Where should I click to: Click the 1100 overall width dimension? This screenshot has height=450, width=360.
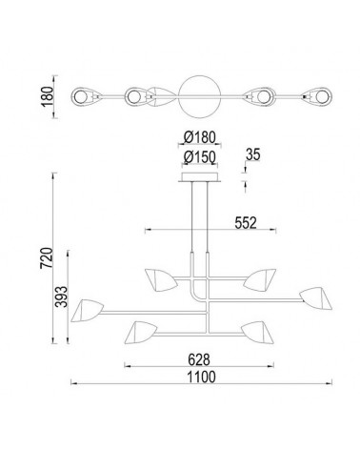point(201,378)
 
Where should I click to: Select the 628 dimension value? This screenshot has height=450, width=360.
point(199,360)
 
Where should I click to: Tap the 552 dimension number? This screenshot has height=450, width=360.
point(246,223)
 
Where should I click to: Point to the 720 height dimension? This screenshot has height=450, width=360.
point(46,257)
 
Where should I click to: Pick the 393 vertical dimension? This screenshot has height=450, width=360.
point(61,297)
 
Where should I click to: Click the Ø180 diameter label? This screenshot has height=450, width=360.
point(200,137)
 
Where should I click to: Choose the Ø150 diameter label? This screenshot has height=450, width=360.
point(200,157)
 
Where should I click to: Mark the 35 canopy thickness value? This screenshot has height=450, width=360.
point(252,154)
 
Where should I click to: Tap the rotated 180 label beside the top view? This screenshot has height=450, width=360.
point(48,96)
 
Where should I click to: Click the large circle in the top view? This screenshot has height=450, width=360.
point(199,75)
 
